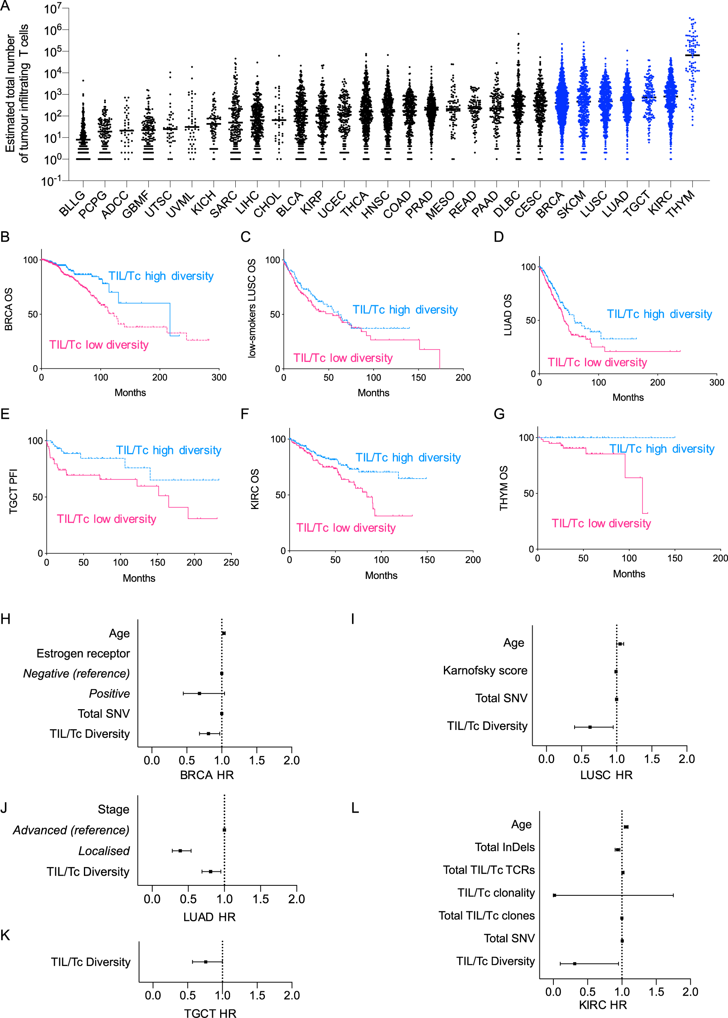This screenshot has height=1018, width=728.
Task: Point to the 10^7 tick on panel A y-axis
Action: [x=52, y=9]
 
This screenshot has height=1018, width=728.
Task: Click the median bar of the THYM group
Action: [x=692, y=55]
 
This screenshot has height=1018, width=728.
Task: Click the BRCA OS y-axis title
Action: [x=8, y=309]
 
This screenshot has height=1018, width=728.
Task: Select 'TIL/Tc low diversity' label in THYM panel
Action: [x=601, y=523]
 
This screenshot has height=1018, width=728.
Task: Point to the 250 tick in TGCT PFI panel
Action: [x=231, y=562]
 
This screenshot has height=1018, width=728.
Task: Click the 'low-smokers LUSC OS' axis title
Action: [x=252, y=308]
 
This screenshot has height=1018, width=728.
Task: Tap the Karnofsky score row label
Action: [x=485, y=670]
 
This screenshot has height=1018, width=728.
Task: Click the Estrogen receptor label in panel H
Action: [x=83, y=653]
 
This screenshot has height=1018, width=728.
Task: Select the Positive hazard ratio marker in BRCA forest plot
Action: [x=199, y=693]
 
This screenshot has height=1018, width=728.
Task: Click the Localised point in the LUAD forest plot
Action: [x=180, y=850]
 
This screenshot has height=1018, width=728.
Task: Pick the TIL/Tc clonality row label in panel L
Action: [x=496, y=893]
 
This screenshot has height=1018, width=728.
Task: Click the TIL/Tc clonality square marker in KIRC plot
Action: [x=555, y=895]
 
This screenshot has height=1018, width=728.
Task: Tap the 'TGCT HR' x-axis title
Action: [x=210, y=1013]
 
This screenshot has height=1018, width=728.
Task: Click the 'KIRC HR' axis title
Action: [x=603, y=1004]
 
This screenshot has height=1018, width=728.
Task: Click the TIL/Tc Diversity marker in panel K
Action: [x=205, y=962]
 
